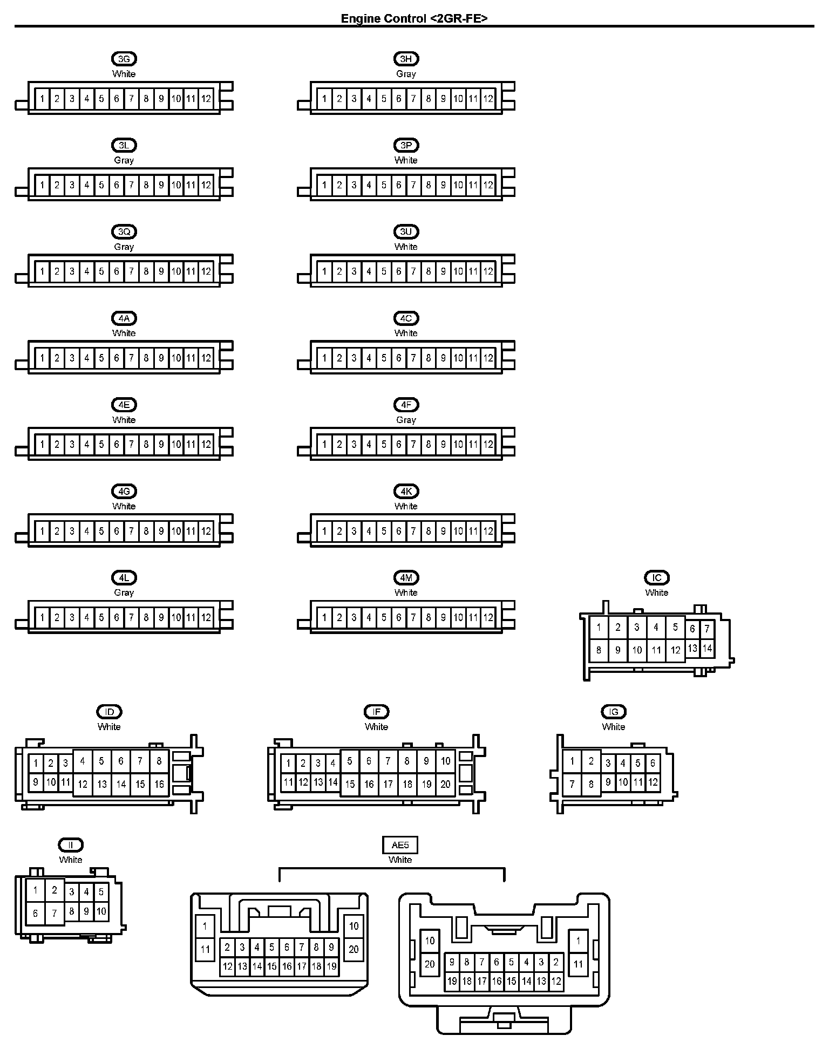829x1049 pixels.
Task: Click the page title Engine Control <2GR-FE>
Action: tap(414, 18)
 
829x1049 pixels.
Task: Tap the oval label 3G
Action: tap(124, 59)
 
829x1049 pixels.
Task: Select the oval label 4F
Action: tap(406, 405)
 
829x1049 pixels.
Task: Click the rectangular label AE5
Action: tap(400, 845)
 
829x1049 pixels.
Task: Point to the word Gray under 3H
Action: tap(406, 74)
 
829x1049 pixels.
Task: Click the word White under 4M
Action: tap(406, 592)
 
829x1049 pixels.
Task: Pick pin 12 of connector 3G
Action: tap(206, 99)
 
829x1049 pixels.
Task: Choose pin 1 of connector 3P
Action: tap(324, 185)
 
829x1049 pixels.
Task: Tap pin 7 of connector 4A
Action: tap(131, 358)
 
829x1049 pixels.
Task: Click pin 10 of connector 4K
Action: tap(458, 531)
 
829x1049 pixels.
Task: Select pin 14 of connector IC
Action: tap(707, 648)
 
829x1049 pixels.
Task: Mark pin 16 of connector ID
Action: tap(159, 784)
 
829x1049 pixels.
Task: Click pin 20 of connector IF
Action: tap(445, 784)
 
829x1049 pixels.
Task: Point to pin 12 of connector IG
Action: tap(653, 781)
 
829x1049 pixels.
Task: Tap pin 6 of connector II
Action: tap(36, 914)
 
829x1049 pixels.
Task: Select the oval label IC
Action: tap(657, 577)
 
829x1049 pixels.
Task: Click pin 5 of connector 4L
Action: tap(101, 617)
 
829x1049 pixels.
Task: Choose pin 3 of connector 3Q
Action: tap(72, 271)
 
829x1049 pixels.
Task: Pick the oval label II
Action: tap(71, 845)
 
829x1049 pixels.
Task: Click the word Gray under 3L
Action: tap(124, 160)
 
